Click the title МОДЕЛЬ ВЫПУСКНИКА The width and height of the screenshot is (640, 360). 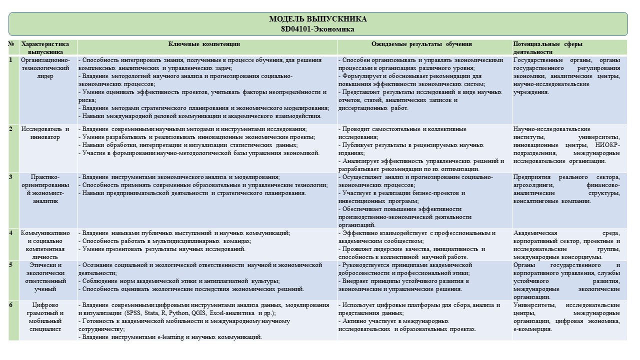317,19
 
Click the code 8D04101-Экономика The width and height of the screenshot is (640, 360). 317,29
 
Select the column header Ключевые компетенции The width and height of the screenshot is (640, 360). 204,44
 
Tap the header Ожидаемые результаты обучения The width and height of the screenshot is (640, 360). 421,44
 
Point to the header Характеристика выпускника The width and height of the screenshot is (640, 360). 48,47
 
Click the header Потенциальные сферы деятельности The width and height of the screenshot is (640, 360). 548,47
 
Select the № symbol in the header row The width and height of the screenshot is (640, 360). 11,44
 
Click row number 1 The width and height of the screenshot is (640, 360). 11,60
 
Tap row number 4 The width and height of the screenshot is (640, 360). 11,233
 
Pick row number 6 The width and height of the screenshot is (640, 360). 11,305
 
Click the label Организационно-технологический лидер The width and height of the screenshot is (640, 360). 48,68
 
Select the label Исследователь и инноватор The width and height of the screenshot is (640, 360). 48,133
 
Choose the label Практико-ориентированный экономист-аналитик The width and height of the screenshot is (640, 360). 48,189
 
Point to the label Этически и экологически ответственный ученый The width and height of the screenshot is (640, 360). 48,276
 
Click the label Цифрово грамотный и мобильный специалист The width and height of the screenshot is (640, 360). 48,317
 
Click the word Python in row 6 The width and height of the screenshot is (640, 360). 178,313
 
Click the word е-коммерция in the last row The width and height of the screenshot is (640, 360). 532,329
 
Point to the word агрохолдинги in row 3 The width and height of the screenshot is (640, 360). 531,185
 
